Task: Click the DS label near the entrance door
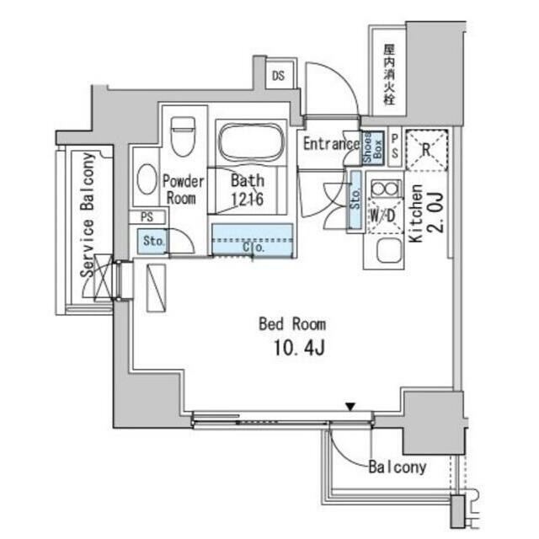point(278,76)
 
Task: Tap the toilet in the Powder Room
point(183,136)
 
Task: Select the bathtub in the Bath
point(251,141)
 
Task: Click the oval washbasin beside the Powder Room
point(147,179)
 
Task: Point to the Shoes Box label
point(372,148)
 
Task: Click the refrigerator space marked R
point(426,150)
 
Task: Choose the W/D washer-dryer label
point(382,216)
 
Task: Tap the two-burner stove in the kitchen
point(385,189)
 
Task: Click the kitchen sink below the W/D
point(389,250)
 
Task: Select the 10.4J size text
point(299,348)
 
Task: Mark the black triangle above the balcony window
point(350,407)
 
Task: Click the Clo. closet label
point(253,247)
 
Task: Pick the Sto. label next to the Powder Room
point(153,241)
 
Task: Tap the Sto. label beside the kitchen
point(356,199)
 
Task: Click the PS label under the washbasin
point(147,217)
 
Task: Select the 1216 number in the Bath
point(247,199)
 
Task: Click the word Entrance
point(331,144)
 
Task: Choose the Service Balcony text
point(87,215)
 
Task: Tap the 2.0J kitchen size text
point(435,213)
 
